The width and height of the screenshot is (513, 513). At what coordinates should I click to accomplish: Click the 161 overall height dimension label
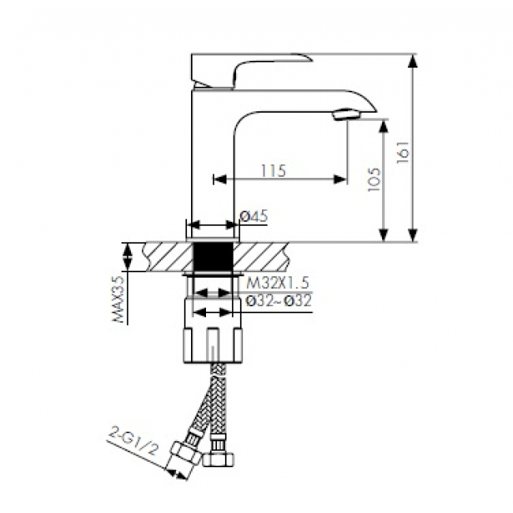pyautogui.click(x=403, y=153)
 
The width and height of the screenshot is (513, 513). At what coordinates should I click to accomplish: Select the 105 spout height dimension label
pyautogui.click(x=374, y=180)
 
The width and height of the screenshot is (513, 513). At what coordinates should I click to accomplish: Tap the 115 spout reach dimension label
pyautogui.click(x=274, y=170)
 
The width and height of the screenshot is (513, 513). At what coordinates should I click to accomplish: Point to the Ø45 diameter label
pyautogui.click(x=254, y=216)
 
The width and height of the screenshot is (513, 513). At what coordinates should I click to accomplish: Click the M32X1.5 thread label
pyautogui.click(x=278, y=283)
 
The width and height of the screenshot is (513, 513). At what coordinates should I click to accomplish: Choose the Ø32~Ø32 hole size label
pyautogui.click(x=279, y=301)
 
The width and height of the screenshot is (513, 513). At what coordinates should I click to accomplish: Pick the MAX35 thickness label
pyautogui.click(x=118, y=299)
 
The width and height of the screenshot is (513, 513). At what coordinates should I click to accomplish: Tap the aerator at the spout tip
pyautogui.click(x=346, y=114)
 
